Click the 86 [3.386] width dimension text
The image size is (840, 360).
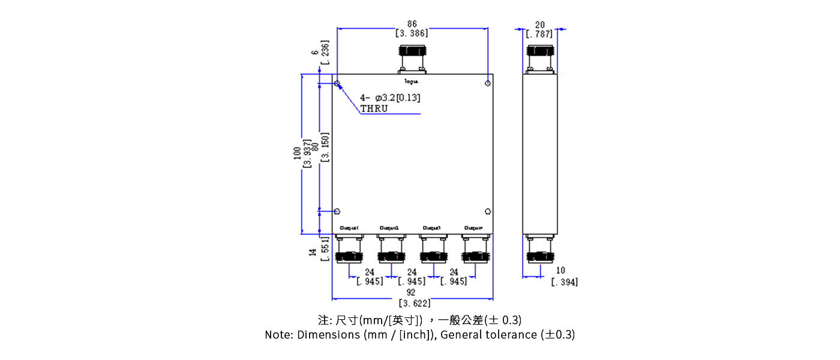412,29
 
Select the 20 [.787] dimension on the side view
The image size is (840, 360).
539,29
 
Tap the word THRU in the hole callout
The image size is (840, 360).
374,109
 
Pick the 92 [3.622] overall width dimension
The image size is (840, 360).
412,298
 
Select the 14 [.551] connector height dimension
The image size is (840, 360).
319,248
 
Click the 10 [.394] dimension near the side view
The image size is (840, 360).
563,277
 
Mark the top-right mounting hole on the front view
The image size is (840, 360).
488,83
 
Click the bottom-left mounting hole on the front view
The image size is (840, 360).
337,211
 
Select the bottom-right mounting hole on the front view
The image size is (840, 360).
488,211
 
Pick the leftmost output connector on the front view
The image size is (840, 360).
349,249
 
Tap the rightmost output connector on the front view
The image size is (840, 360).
475,249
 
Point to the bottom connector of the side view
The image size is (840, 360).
539,249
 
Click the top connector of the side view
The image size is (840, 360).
539,59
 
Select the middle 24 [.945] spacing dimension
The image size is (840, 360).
412,277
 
